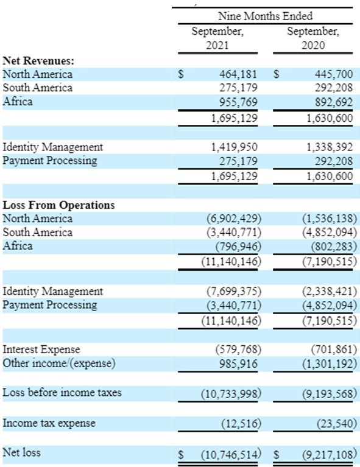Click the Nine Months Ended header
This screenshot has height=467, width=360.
tap(265, 16)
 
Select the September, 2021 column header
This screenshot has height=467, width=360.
tap(217, 38)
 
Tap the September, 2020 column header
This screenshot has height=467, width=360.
tap(313, 38)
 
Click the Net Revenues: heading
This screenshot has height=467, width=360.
tap(38, 61)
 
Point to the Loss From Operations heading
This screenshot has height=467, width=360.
tap(58, 205)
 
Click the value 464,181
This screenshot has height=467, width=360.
tap(238, 74)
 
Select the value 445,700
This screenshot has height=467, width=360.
tap(334, 74)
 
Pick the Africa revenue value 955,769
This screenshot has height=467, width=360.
tap(238, 102)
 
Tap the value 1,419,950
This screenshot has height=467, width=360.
tap(235, 147)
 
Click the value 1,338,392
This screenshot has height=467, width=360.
tap(330, 147)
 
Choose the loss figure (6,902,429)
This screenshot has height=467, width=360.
tap(235, 219)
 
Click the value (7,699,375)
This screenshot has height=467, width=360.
tap(235, 291)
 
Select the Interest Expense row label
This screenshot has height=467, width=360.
tap(41, 349)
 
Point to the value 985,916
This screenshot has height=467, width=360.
tap(238, 363)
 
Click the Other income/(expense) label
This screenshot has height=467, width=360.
tap(59, 363)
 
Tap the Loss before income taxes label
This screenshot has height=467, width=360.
tap(62, 393)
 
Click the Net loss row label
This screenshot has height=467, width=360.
tap(21, 452)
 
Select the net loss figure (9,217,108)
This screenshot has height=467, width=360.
tap(330, 454)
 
